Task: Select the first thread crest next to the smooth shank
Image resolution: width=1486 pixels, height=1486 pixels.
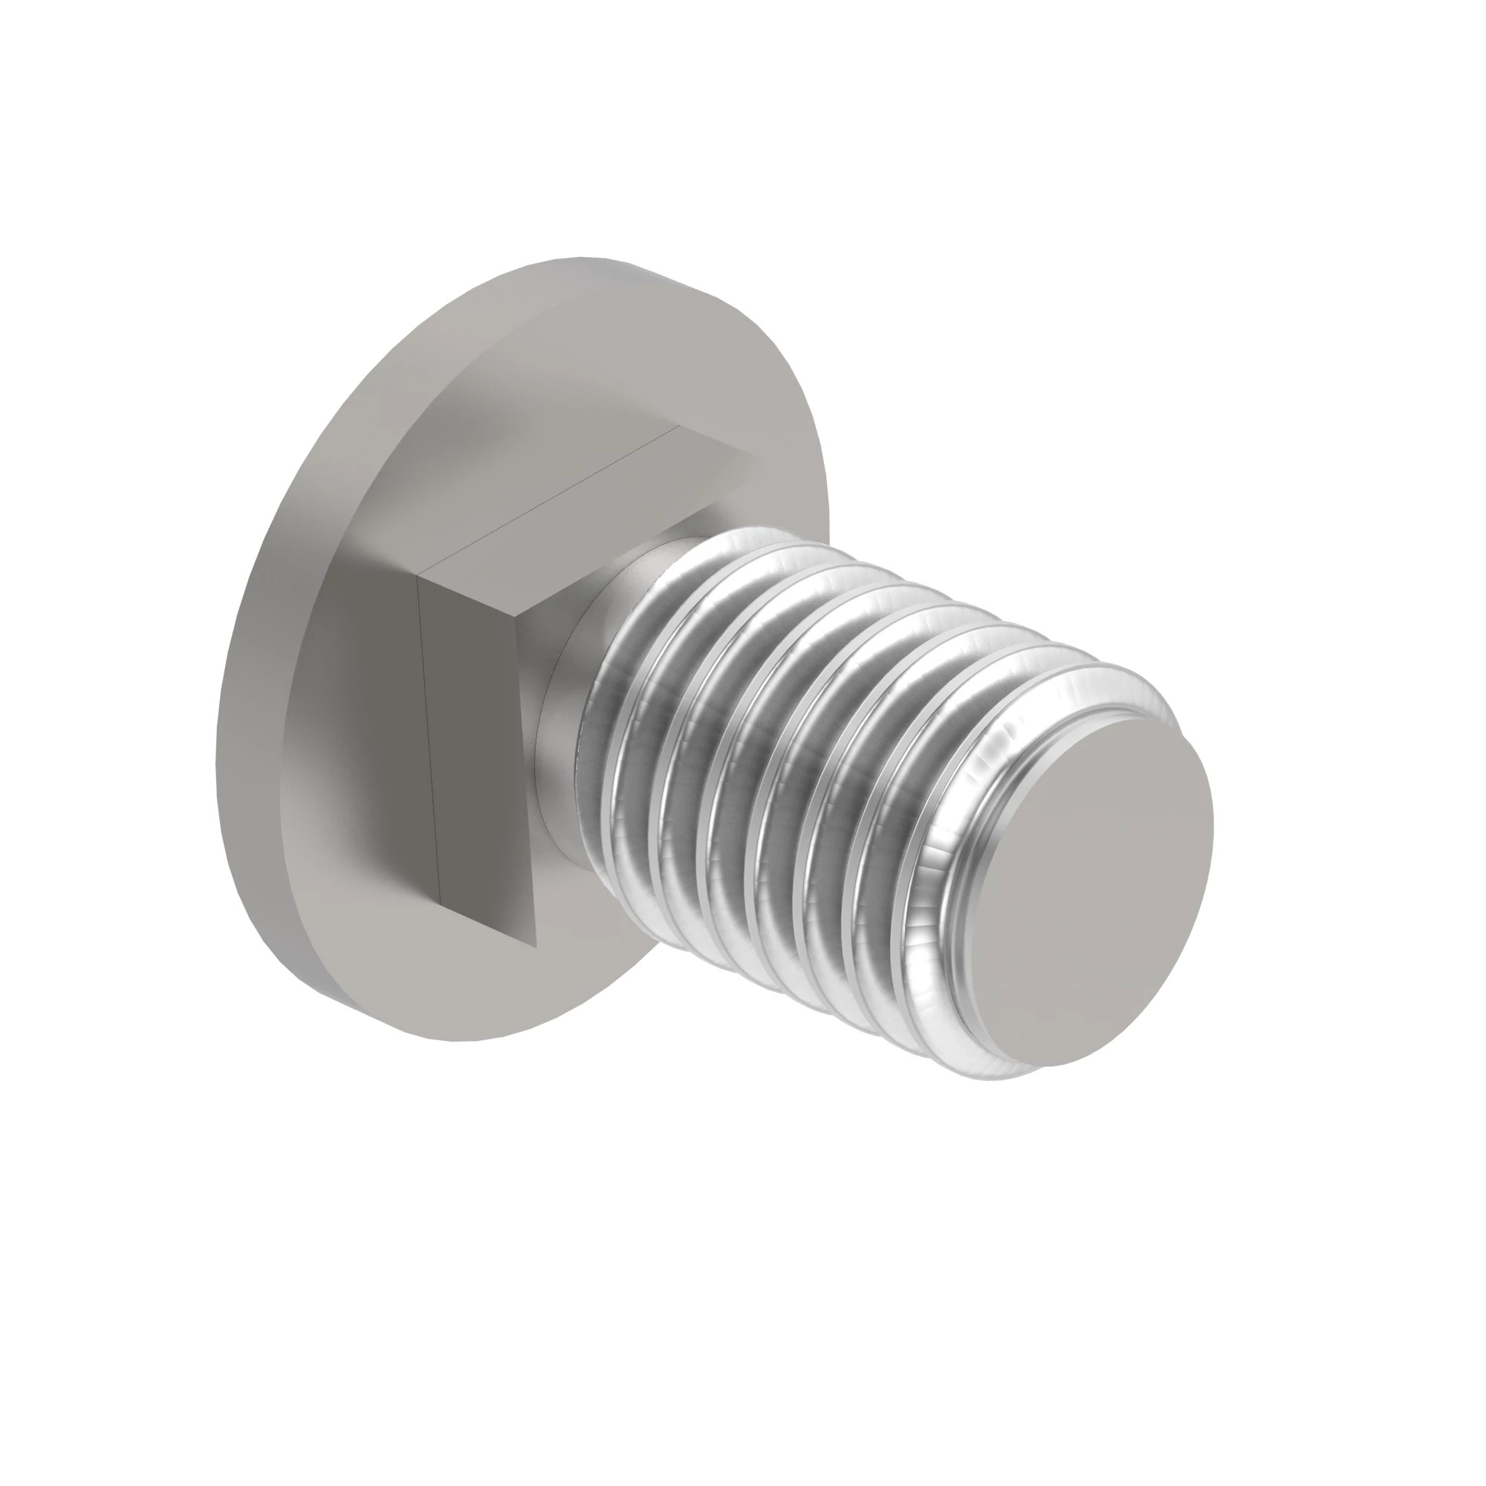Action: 615,769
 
